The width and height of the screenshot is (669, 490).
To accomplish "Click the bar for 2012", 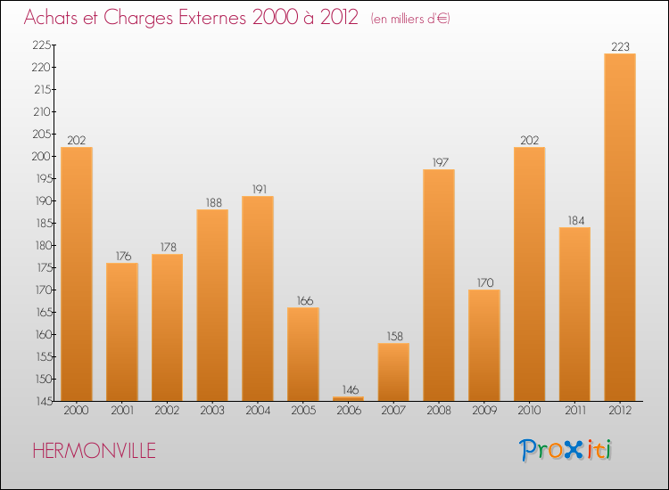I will [x=620, y=227].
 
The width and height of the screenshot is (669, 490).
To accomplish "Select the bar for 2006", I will [x=348, y=398].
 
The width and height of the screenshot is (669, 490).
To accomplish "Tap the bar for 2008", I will [x=439, y=285].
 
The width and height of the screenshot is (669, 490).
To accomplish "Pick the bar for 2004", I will [x=258, y=298].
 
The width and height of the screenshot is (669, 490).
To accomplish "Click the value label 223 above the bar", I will [x=620, y=46].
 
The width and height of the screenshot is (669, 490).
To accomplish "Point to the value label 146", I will [x=348, y=389].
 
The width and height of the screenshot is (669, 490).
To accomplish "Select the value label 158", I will [x=393, y=336].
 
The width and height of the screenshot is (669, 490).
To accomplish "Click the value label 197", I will [x=439, y=162].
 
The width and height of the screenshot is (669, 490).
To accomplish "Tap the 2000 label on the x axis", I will [x=77, y=411].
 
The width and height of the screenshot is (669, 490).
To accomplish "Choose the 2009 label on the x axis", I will [x=484, y=411].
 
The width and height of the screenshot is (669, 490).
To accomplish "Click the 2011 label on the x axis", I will [x=574, y=411].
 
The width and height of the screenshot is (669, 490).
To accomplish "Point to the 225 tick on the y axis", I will [x=41, y=45].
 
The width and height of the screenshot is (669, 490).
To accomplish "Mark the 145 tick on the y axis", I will [x=41, y=401].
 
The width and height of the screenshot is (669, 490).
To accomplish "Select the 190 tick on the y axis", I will [x=41, y=200].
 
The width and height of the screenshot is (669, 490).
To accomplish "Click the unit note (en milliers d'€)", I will [x=410, y=19].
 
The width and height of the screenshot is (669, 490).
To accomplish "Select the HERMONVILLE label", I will [x=94, y=451].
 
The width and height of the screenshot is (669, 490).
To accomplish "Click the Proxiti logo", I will [x=566, y=450].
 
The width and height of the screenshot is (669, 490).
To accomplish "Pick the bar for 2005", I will [x=303, y=355].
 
